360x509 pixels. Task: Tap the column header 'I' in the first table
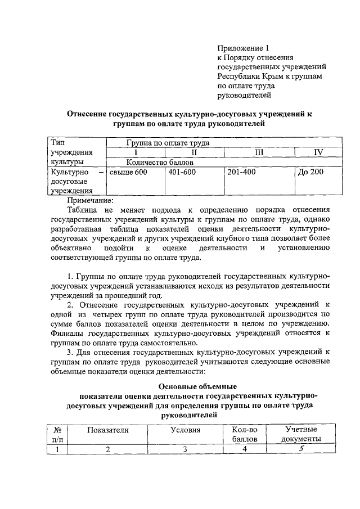click(x=135, y=152)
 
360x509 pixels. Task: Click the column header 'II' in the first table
click(x=194, y=152)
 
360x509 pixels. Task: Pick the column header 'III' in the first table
click(x=259, y=152)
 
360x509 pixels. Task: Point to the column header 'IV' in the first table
click(x=318, y=152)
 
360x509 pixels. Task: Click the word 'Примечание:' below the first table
click(x=91, y=200)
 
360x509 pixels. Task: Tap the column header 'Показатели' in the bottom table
click(x=108, y=430)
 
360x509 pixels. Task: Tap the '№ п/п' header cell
click(x=57, y=434)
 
